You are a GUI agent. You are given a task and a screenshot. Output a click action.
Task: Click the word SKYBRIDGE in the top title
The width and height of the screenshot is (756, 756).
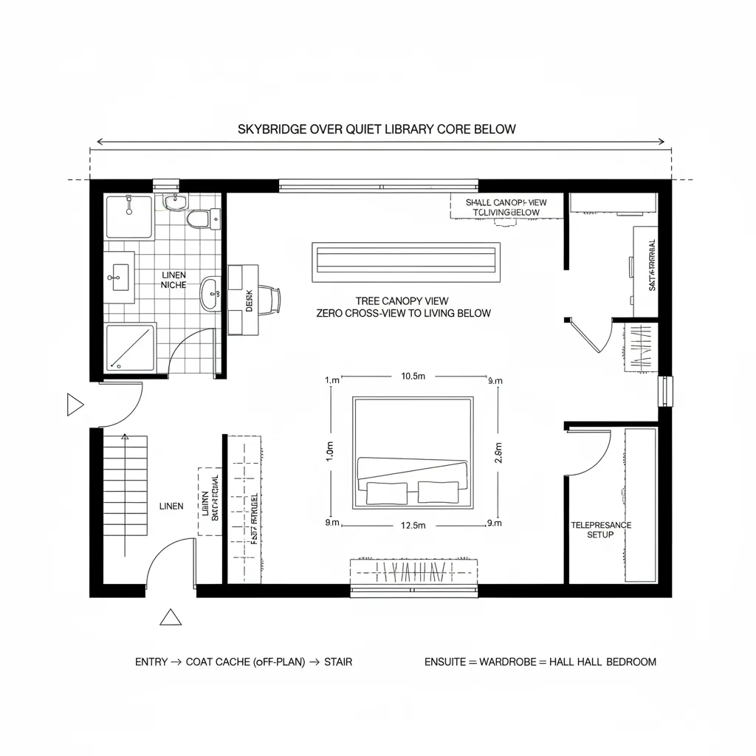pyautogui.click(x=269, y=129)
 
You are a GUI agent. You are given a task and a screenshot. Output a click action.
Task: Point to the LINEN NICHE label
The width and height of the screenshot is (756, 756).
pyautogui.click(x=173, y=279)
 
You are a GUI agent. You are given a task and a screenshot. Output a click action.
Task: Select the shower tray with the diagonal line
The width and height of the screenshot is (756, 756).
pyautogui.click(x=130, y=347)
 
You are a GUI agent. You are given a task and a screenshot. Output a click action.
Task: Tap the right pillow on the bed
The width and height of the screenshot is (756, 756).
pyautogui.click(x=438, y=492)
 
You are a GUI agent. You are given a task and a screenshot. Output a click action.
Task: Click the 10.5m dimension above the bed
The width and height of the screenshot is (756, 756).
pyautogui.click(x=413, y=376)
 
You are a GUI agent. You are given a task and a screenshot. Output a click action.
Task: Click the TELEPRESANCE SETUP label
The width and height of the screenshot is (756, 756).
pyautogui.click(x=601, y=529)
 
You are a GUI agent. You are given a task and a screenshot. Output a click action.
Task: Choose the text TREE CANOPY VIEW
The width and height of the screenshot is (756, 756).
pyautogui.click(x=402, y=301)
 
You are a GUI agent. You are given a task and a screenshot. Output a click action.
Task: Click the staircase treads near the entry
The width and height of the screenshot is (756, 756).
pyautogui.click(x=126, y=487)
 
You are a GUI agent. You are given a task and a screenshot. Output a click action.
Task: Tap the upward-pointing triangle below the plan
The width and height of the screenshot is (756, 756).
pyautogui.click(x=171, y=617)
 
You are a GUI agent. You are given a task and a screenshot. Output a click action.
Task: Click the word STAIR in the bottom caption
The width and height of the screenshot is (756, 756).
pyautogui.click(x=338, y=661)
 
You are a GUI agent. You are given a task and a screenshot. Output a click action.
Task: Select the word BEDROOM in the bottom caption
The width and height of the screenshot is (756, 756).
pyautogui.click(x=631, y=661)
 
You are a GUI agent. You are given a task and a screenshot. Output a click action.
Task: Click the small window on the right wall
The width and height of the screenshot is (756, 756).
pyautogui.click(x=666, y=391)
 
